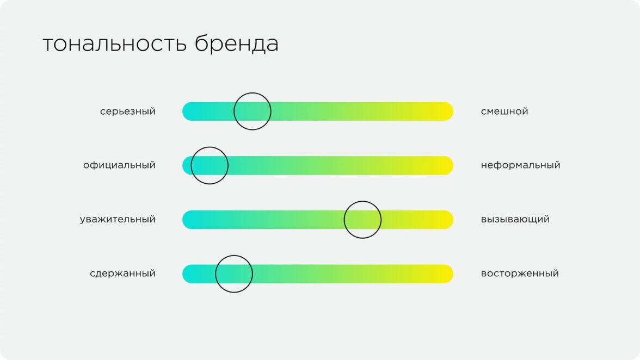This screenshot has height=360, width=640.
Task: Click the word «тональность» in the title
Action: point(115,44)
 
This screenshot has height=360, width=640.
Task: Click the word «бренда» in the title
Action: point(237,44)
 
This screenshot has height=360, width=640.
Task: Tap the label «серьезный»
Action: point(128,111)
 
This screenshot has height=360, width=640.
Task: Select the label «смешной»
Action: point(504,111)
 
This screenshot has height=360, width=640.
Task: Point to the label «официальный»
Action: point(120,165)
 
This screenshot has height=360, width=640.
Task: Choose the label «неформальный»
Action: point(520,165)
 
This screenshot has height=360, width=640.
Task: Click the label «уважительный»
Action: point(118,219)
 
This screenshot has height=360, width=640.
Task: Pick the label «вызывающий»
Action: point(515,219)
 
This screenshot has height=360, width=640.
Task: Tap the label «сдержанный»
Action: point(123,274)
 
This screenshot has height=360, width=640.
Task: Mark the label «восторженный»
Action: point(520,274)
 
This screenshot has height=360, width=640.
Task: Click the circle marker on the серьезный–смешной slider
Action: point(234,111)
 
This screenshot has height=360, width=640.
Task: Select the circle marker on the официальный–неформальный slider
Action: point(191,165)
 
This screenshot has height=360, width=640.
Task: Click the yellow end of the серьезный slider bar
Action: point(448,111)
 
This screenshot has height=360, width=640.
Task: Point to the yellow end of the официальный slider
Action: point(448,165)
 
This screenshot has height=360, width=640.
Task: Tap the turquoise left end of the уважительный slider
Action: point(188,220)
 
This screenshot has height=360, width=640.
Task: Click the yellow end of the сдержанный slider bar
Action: point(448,274)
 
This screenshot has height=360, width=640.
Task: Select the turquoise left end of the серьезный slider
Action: point(188,111)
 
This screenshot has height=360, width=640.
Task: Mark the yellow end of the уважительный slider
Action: point(448,220)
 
